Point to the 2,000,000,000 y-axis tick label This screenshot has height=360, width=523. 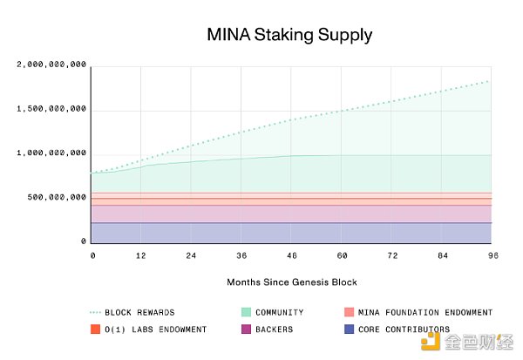(51, 65)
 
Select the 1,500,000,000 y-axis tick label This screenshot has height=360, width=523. (51, 109)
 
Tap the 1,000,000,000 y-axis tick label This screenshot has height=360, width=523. (51, 153)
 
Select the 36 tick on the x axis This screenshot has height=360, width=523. (241, 255)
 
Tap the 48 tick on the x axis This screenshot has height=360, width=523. (293, 255)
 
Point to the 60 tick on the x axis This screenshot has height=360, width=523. (343, 255)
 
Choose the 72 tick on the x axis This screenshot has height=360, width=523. (392, 255)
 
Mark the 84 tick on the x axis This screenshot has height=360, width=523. (443, 255)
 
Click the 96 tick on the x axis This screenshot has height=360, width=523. (492, 255)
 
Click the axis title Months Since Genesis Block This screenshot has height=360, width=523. (292, 282)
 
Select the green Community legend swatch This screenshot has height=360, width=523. (247, 312)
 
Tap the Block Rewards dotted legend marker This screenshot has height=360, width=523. (95, 312)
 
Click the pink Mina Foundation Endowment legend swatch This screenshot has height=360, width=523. (349, 312)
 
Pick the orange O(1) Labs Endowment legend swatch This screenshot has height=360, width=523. (95, 329)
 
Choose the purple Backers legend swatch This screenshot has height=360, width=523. (247, 329)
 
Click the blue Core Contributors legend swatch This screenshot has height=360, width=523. (349, 329)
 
